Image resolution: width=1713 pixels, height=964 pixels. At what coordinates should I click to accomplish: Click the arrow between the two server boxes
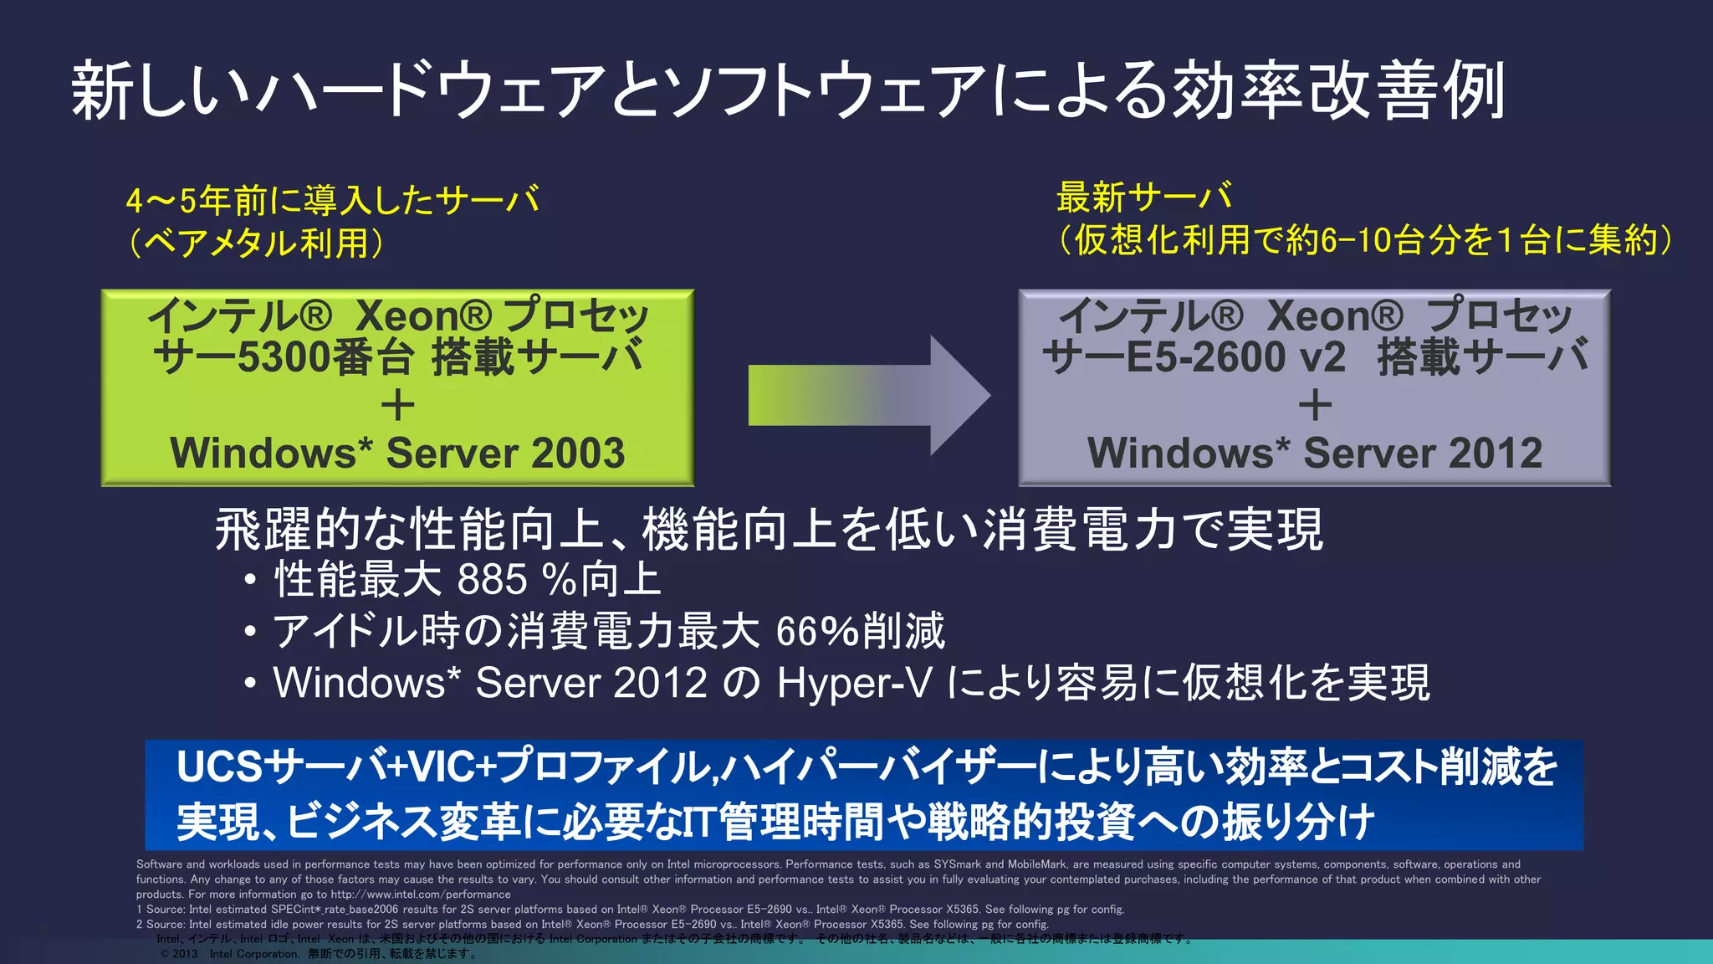tap(870, 396)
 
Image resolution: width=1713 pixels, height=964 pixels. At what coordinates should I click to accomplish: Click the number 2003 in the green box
tap(577, 453)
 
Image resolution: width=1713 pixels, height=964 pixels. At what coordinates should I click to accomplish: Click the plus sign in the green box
tap(397, 406)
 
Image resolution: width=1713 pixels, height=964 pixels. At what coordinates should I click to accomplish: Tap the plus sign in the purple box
tap(1315, 406)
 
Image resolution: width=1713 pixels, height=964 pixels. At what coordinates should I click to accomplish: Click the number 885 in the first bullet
tap(493, 579)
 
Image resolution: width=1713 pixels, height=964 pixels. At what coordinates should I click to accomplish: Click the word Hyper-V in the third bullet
tap(854, 683)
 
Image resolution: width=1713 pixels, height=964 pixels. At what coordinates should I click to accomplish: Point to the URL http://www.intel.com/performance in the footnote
tap(420, 895)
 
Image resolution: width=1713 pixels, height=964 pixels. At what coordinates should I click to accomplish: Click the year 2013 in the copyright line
tap(185, 954)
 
